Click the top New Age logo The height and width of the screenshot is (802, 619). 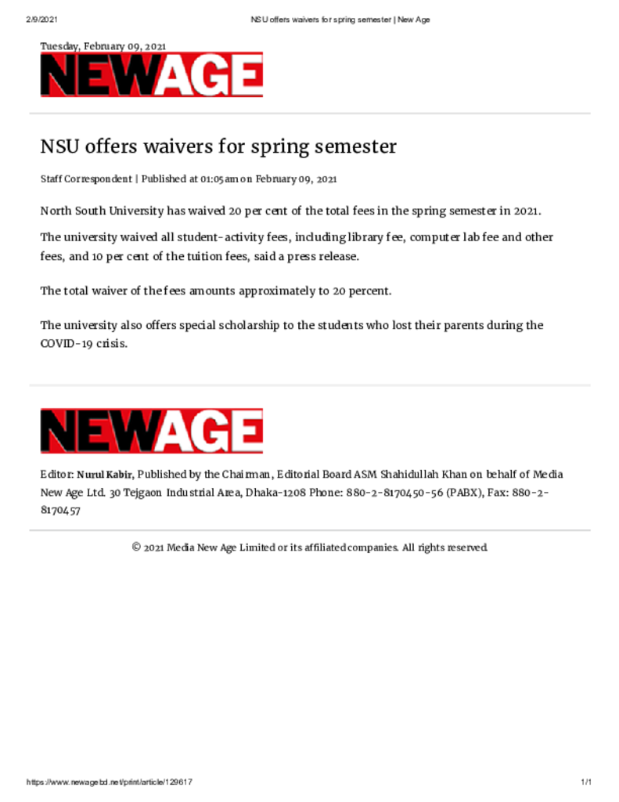[152, 75]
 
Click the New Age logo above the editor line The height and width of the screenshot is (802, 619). [152, 431]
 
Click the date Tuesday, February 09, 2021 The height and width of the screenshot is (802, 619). [103, 47]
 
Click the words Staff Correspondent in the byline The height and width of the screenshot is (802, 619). [86, 179]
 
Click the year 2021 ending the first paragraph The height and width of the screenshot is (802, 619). [527, 211]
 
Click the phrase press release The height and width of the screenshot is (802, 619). [322, 257]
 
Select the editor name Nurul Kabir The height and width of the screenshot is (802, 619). [105, 475]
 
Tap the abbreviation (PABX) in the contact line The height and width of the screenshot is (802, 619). [450, 493]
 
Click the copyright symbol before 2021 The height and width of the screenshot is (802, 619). [136, 547]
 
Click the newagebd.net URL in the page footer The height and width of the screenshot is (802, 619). [110, 782]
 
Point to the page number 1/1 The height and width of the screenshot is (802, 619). [585, 782]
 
